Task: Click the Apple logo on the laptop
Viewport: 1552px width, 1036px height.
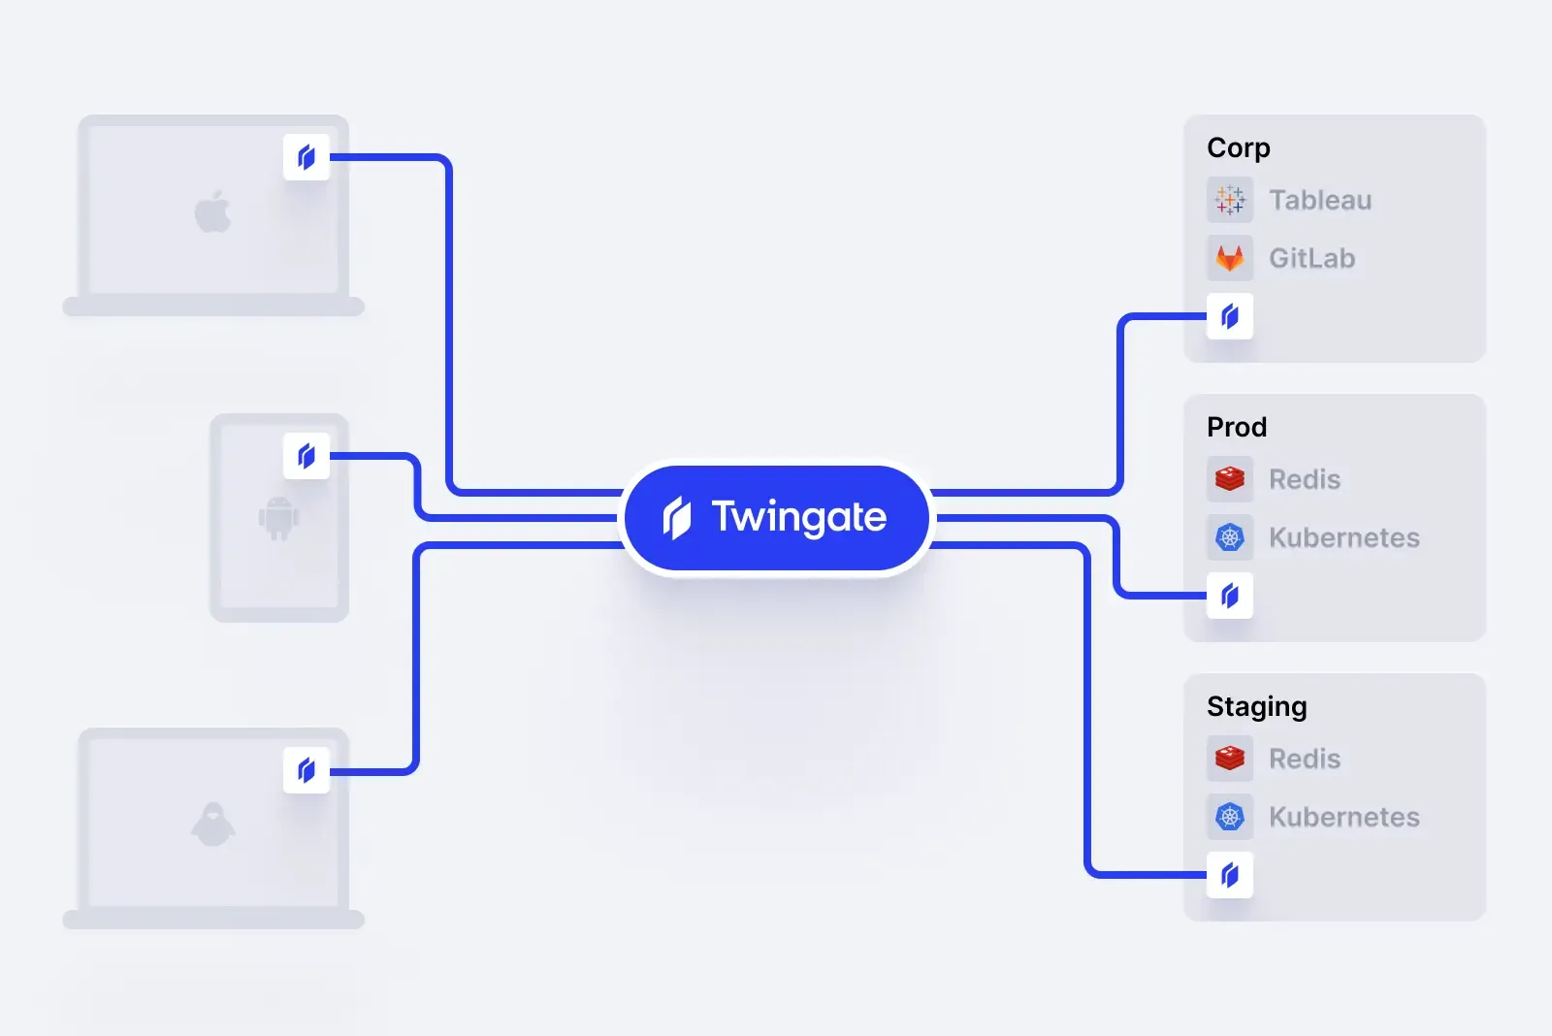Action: [x=213, y=211]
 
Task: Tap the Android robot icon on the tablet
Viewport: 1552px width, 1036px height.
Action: [x=278, y=518]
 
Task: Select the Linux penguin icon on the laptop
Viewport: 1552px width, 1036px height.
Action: [x=213, y=825]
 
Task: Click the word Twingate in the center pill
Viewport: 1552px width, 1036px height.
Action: [x=798, y=517]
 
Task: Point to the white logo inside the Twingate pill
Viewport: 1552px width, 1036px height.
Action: [x=677, y=518]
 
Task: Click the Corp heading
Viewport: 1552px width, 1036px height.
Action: [x=1238, y=147]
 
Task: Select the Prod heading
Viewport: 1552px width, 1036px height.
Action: [x=1237, y=427]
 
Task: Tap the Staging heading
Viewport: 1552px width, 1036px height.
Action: [x=1256, y=707]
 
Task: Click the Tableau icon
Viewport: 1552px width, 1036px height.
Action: [x=1230, y=200]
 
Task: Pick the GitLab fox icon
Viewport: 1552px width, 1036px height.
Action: [x=1230, y=258]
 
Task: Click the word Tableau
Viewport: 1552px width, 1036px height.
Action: [x=1320, y=200]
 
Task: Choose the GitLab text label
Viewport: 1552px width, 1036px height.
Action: [x=1311, y=258]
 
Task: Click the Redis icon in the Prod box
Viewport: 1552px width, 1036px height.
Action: [x=1230, y=479]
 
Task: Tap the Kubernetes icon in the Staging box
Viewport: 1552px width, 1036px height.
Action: [x=1230, y=817]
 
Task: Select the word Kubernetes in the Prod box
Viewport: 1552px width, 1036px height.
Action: [x=1343, y=537]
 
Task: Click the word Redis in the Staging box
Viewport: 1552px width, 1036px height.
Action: [x=1305, y=759]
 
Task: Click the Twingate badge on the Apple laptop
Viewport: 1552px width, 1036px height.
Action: [x=307, y=157]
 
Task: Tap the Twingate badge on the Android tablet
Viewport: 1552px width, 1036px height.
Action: [x=307, y=456]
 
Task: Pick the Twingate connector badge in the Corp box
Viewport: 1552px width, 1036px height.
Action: [x=1230, y=316]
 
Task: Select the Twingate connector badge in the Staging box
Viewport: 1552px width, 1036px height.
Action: [x=1230, y=875]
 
